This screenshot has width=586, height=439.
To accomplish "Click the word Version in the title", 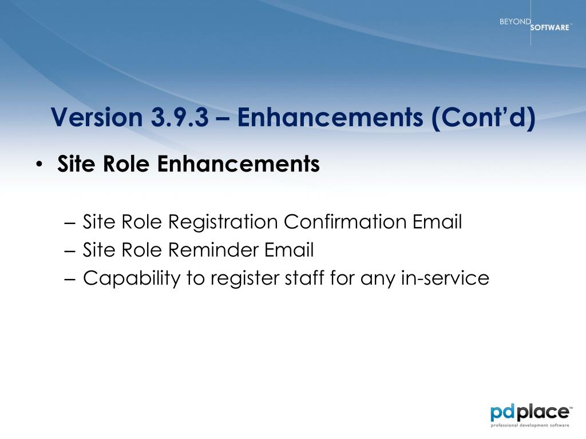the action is click(97, 117).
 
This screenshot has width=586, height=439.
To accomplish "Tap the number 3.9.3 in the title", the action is click(180, 117).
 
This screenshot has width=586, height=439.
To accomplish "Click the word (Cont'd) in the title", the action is click(484, 118).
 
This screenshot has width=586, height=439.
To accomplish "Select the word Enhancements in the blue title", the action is click(330, 117).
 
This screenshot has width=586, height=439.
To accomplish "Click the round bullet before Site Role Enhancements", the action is click(39, 164).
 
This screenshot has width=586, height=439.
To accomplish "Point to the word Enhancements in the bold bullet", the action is click(239, 164).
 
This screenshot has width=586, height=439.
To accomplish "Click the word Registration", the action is click(223, 222).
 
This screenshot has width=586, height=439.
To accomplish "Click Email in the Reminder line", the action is click(289, 250).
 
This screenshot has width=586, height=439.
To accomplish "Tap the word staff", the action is click(304, 278).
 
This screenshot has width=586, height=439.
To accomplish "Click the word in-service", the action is click(445, 278).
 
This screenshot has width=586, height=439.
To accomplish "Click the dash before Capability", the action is click(70, 279).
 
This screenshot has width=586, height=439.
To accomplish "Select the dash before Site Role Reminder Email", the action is click(70, 251).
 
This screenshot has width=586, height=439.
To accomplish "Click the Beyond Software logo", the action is click(535, 24).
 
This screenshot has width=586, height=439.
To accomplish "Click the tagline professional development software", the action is click(530, 425).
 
